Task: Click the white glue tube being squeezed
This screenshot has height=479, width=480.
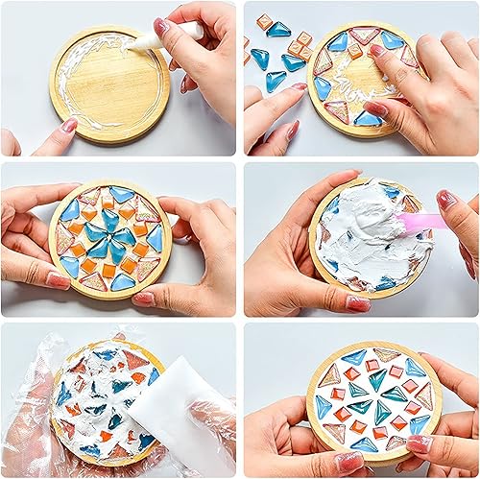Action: pyautogui.click(x=185, y=33)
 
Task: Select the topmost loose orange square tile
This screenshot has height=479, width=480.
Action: pyautogui.click(x=265, y=20)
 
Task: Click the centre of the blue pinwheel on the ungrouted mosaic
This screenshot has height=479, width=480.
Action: pyautogui.click(x=119, y=237)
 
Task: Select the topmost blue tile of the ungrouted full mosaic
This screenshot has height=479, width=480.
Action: pyautogui.click(x=121, y=195)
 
